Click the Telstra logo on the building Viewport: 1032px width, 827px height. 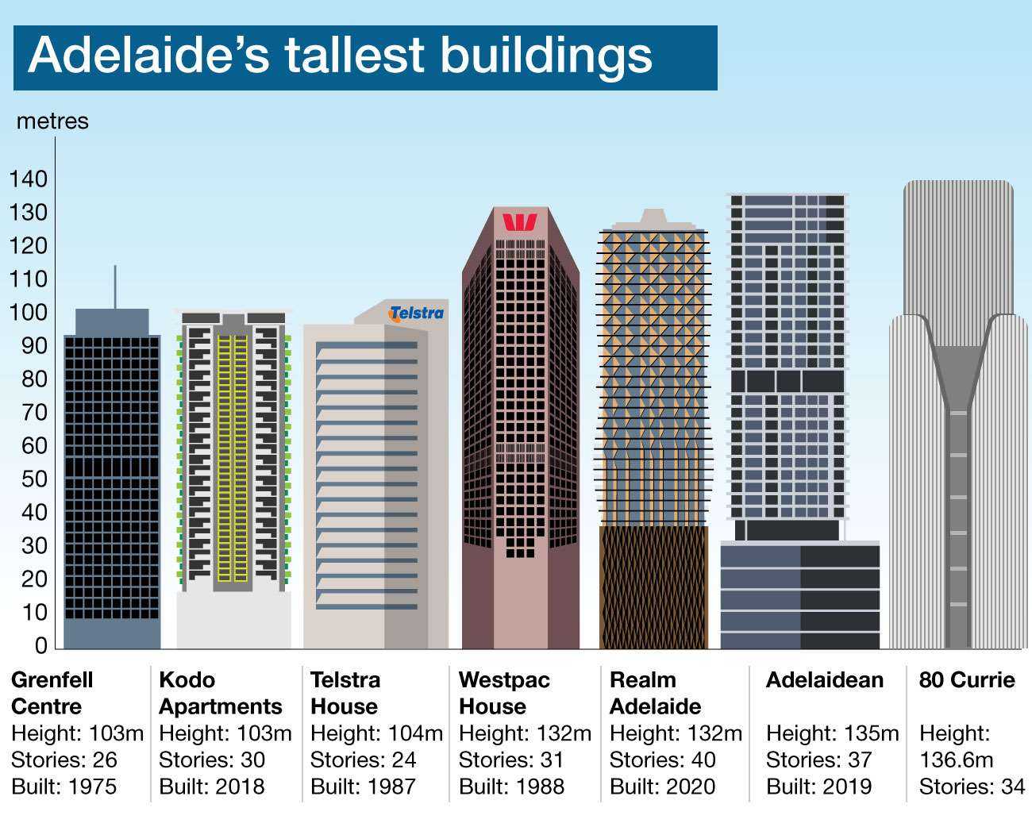point(416,313)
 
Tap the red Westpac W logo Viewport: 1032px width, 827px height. point(520,222)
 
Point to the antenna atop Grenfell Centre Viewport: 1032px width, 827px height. point(115,287)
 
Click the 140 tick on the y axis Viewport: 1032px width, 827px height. point(29,179)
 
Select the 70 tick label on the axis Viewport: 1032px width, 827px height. point(34,412)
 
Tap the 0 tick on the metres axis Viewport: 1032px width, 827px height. point(41,645)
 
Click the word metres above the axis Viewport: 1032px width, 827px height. point(52,121)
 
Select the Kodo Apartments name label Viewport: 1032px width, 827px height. point(221,693)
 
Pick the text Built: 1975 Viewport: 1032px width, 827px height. point(64,787)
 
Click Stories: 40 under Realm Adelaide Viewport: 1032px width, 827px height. point(662,760)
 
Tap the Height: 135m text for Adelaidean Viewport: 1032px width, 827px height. point(832,733)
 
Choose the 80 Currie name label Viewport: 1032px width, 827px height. point(967,680)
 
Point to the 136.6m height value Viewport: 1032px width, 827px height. point(957,760)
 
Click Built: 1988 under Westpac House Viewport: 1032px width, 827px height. point(511,787)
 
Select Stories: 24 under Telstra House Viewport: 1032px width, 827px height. point(363,760)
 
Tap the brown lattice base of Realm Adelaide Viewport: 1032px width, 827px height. point(653,587)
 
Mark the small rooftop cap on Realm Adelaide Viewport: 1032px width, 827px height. point(653,216)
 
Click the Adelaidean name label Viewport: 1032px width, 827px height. point(824,680)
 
